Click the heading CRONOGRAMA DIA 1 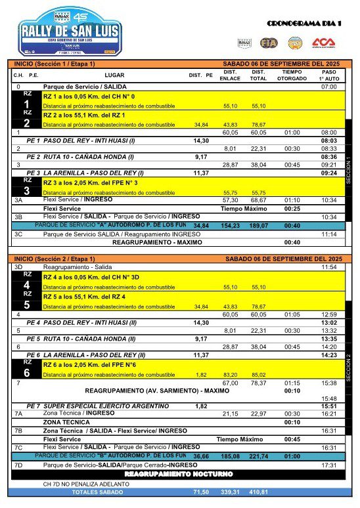point(304,24)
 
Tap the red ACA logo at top point(323,43)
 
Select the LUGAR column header point(114,75)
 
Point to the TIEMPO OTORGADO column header point(292,75)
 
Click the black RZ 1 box point(27,100)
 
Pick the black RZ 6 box point(27,368)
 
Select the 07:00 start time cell point(328,87)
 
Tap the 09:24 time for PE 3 point(328,173)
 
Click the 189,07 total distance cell point(258,225)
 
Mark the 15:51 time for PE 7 point(328,406)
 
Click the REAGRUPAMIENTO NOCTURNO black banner point(179,473)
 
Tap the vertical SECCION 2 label point(348,368)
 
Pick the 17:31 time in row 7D point(328,465)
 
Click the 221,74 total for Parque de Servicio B point(258,455)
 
